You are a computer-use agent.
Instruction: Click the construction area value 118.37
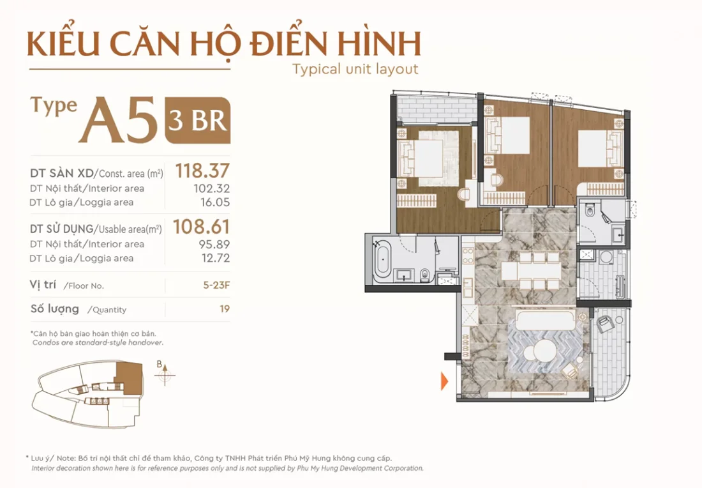[x=202, y=171]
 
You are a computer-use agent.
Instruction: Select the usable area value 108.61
[x=202, y=227]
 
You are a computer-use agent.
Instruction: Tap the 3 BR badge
[x=197, y=120]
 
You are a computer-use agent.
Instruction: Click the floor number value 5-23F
[x=216, y=286]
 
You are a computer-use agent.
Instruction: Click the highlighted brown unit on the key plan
[x=131, y=376]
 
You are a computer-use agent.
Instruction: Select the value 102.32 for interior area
[x=211, y=188]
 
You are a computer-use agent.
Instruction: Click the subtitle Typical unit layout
[x=355, y=69]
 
